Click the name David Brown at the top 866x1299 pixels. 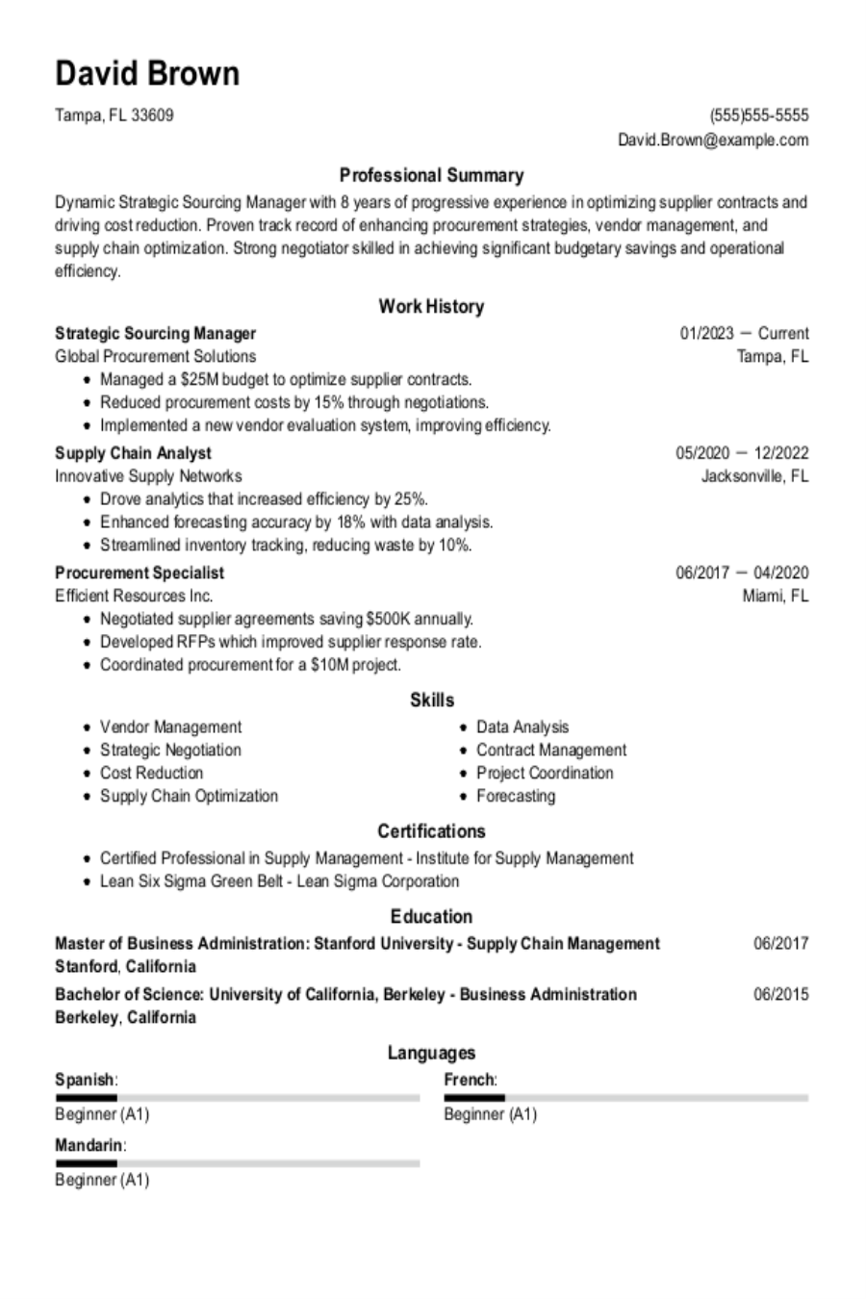coord(147,74)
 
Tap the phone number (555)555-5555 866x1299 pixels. coord(759,116)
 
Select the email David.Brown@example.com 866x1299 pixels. coord(713,140)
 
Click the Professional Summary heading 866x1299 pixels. coord(431,175)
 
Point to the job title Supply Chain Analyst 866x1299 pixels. coord(133,453)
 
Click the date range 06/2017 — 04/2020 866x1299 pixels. coord(742,573)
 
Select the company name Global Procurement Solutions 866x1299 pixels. coord(155,356)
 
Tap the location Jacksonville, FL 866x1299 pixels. coord(754,476)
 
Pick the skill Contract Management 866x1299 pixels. coord(550,751)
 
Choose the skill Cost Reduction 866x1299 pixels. coord(151,774)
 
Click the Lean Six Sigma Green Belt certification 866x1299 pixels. coord(279,881)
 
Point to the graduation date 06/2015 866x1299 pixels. coord(780,994)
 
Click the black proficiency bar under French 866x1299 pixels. coord(474,1098)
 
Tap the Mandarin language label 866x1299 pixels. coord(89,1146)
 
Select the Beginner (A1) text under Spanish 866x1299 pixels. coord(102,1115)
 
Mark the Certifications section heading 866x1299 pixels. coord(431,831)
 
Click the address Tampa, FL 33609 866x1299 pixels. coord(115,116)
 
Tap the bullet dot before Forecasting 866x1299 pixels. coord(465,797)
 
